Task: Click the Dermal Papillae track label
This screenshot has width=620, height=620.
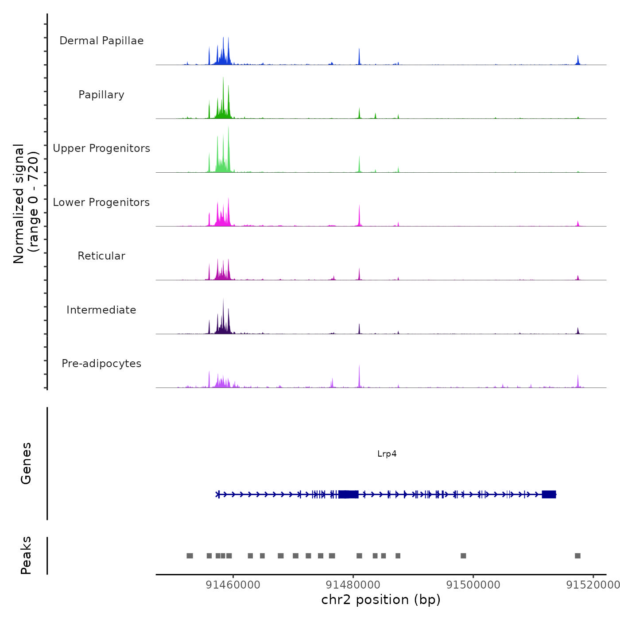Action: point(101,41)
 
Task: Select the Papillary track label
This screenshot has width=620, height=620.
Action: point(101,95)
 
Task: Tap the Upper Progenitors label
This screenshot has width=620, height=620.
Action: point(101,148)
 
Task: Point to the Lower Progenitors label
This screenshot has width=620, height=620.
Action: point(101,202)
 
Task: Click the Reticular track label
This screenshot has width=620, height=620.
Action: point(101,256)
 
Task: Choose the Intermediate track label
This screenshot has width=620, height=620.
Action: point(101,310)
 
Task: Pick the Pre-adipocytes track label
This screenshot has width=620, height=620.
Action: point(101,364)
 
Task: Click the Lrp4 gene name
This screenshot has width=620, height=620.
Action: point(387,453)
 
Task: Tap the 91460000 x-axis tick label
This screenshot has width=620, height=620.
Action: point(233,585)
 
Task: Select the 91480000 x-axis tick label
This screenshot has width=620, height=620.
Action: point(353,585)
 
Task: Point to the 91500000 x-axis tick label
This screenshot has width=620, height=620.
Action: point(473,585)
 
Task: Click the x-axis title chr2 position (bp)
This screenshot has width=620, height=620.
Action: point(381,600)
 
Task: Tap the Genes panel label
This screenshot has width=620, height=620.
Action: point(26,463)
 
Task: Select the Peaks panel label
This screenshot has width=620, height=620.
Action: point(26,555)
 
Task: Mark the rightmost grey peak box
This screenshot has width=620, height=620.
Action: point(577,556)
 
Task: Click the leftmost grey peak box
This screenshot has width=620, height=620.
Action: point(190,556)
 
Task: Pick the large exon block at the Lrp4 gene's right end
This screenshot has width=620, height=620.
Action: point(549,494)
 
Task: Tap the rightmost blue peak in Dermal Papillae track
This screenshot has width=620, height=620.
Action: point(578,60)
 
